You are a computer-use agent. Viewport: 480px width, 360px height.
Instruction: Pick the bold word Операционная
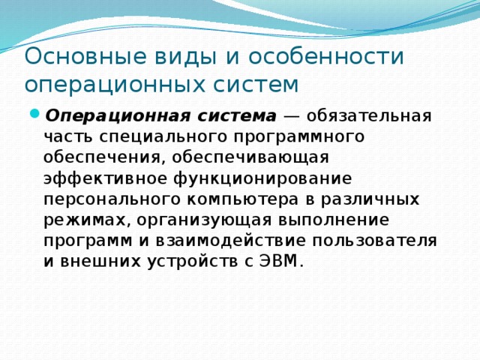[x=102, y=117]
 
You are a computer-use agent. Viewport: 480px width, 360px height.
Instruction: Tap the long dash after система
[x=292, y=117]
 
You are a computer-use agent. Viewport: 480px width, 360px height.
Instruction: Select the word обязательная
[x=368, y=117]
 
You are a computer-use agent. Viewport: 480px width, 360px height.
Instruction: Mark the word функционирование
[x=258, y=179]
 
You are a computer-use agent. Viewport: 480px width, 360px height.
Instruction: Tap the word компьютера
[x=244, y=200]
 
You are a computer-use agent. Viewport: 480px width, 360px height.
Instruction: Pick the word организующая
[x=190, y=221]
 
